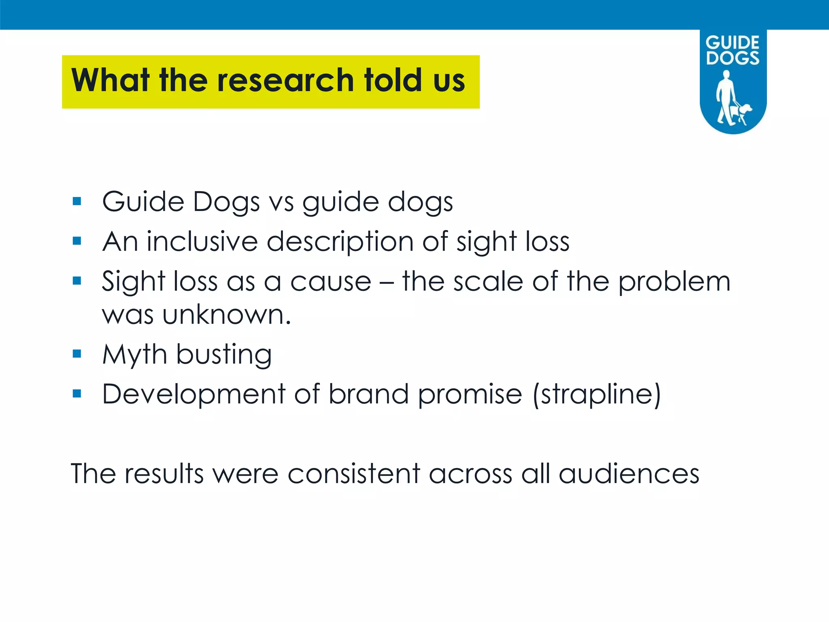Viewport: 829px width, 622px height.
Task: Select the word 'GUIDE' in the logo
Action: click(x=732, y=43)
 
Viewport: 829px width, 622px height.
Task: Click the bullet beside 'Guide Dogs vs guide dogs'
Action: click(x=77, y=201)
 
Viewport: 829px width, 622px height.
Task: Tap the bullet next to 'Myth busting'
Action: click(x=77, y=354)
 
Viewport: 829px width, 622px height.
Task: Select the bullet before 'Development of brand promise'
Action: click(x=77, y=394)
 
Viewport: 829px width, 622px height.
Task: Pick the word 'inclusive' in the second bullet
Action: click(x=202, y=241)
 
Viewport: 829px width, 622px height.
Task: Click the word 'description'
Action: click(x=340, y=242)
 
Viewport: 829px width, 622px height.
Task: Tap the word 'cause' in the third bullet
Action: click(x=331, y=281)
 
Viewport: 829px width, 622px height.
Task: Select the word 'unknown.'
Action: click(x=227, y=315)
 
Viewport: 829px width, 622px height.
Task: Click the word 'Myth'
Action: click(x=134, y=355)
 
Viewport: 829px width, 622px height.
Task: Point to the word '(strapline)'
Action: click(x=597, y=394)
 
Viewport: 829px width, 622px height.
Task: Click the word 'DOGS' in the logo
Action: click(x=733, y=58)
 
